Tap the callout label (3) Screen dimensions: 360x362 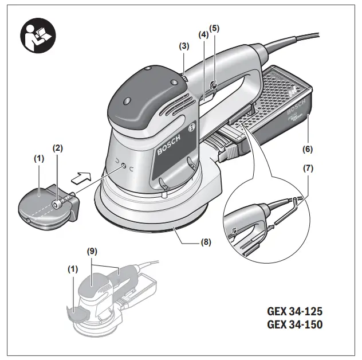(184, 46)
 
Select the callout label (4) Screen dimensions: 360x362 (203, 34)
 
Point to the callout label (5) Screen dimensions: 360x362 (214, 28)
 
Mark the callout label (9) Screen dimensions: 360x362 (91, 251)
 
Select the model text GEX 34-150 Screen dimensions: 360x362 (294, 325)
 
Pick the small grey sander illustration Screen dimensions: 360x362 (109, 298)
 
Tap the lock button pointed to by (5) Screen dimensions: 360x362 (213, 86)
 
